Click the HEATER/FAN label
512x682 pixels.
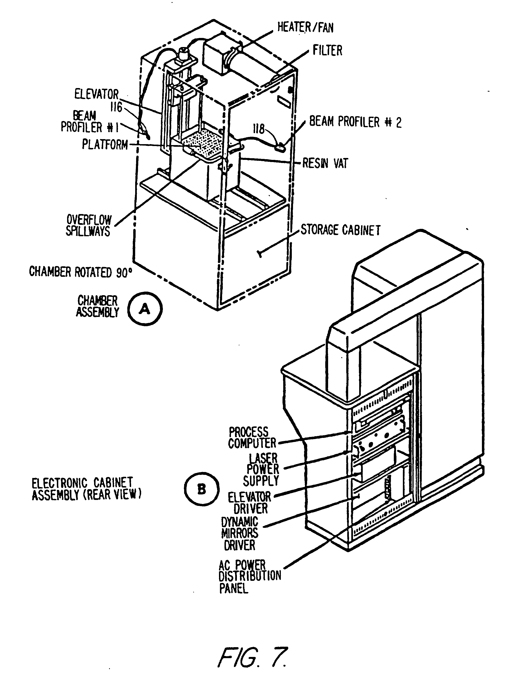point(305,27)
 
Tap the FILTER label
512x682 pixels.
point(327,51)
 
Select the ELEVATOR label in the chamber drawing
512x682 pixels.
point(96,94)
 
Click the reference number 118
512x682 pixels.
point(259,129)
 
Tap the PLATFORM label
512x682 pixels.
point(105,144)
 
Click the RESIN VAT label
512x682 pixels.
point(325,163)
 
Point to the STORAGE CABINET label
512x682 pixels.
point(340,230)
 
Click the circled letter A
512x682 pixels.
point(145,309)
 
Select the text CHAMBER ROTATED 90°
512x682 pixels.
point(80,272)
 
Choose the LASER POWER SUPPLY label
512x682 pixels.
point(262,469)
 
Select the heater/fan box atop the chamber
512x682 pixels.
point(220,53)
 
